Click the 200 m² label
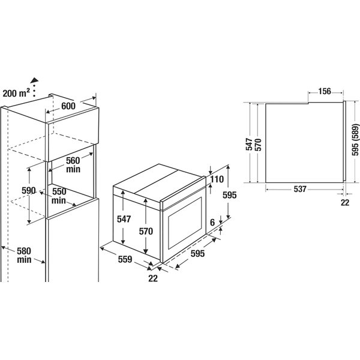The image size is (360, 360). pos(16,93)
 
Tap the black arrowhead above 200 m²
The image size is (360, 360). pos(35,80)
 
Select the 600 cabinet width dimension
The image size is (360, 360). pos(68,106)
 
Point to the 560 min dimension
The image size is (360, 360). pos(73,164)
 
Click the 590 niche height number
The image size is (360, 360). pos(29,190)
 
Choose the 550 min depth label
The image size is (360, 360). pos(59,196)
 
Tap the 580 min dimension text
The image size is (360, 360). pos(24,255)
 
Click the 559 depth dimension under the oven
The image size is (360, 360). pos(125,259)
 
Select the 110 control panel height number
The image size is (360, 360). pos(217,179)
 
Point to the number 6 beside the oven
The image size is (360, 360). pos(212,222)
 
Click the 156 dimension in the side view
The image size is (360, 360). pos(325,91)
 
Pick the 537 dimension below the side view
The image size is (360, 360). pos(300,189)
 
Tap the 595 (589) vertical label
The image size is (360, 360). pos(355,140)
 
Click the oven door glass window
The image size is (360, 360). pos(185,223)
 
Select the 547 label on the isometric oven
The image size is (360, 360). pos(124,219)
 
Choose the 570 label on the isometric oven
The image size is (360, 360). pos(146,231)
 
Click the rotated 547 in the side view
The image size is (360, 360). pos(249,144)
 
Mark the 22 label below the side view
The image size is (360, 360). pos(345,202)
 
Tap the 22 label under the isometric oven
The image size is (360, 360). pos(153,278)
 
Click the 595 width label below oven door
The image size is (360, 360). pos(197,253)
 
